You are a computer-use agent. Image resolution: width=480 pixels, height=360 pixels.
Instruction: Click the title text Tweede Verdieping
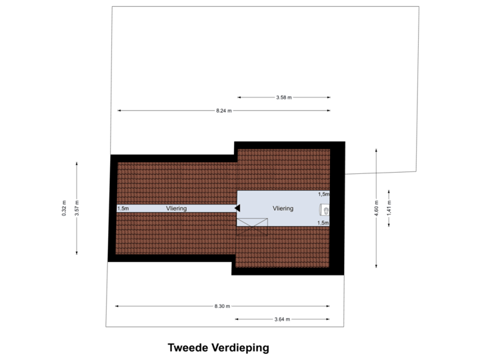point(218,347)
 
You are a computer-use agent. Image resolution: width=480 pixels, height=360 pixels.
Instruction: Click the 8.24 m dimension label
point(223,110)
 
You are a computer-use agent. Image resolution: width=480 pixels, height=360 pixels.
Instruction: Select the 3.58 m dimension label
point(284,97)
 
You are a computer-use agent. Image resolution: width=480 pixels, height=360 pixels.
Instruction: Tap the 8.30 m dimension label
point(222,306)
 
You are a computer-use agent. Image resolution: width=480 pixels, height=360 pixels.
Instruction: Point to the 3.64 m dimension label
point(283,319)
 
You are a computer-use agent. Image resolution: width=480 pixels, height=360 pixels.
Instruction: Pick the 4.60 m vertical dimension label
point(377,205)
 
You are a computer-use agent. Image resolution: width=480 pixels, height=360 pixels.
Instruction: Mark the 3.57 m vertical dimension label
point(77,208)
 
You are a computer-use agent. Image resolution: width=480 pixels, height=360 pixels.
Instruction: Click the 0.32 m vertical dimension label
point(64,208)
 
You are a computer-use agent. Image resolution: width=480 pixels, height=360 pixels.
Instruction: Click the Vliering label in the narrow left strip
point(177,209)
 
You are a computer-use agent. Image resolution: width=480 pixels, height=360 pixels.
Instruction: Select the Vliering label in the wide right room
point(283,209)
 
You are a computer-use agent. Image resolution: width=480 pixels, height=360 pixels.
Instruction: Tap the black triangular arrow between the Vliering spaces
point(237,208)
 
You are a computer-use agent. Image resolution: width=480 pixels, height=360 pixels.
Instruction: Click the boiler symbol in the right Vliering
point(325,209)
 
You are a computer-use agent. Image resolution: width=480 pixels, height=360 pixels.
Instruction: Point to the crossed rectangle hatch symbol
point(252,227)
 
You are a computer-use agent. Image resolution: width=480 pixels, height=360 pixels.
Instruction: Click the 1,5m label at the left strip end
point(123,209)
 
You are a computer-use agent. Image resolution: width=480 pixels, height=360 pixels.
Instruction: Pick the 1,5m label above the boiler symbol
point(323,194)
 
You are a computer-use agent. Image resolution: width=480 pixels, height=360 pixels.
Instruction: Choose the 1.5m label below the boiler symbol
point(323,223)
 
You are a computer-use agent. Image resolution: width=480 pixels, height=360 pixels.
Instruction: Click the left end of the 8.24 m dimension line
point(117,110)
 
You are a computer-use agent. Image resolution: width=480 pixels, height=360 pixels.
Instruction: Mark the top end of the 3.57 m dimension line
point(77,161)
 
